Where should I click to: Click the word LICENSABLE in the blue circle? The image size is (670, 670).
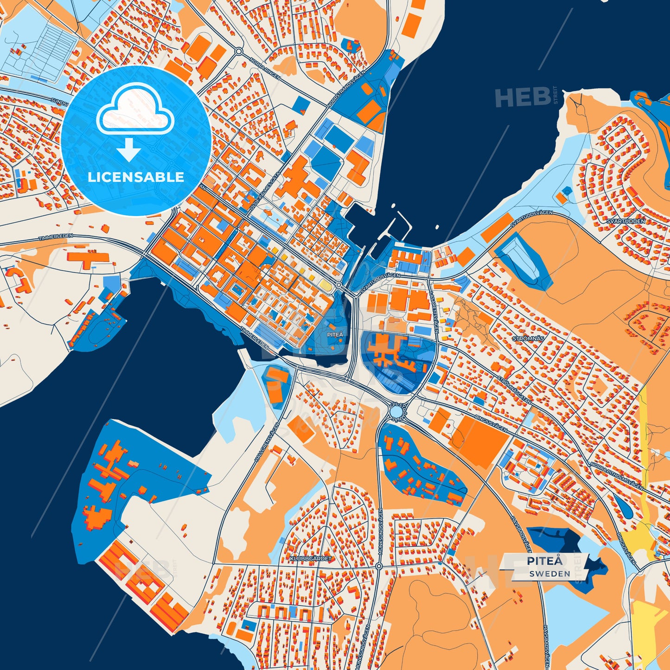tap(136, 177)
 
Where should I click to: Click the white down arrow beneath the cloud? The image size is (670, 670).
tap(128, 150)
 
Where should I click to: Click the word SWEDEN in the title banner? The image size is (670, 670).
tap(550, 574)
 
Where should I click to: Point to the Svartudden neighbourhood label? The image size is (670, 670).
tap(626, 221)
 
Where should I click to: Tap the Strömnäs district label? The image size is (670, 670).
tap(528, 338)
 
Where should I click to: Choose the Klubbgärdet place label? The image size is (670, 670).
tap(311, 559)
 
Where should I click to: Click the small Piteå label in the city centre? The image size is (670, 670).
tap(335, 334)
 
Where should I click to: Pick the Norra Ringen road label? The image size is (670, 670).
tap(265, 68)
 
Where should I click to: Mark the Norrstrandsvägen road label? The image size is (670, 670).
tap(346, 89)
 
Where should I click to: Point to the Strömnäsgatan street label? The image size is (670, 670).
tap(514, 389)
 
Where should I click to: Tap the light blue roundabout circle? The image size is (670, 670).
tap(396, 411)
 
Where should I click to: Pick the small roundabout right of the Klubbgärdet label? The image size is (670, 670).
tap(379, 566)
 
